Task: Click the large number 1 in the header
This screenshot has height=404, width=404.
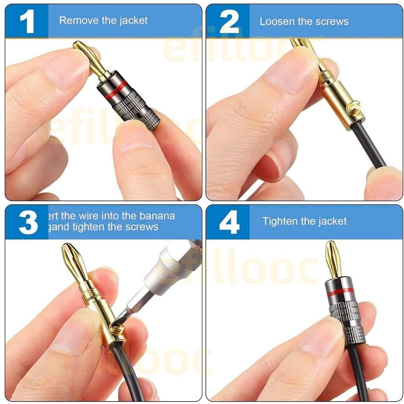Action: click(x=27, y=21)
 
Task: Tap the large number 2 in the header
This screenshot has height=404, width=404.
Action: click(x=229, y=21)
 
